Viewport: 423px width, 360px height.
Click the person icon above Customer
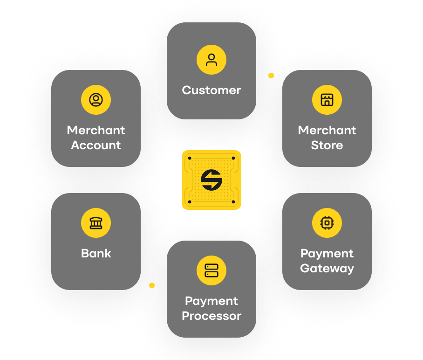[x=211, y=60]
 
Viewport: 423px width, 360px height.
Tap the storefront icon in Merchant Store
[x=327, y=100]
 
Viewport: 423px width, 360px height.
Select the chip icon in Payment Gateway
[x=327, y=223]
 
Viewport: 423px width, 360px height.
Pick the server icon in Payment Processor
[x=211, y=270]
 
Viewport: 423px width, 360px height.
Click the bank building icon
[x=96, y=223]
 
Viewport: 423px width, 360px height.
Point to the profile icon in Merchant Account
[x=96, y=100]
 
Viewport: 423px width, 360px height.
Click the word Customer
[x=211, y=90]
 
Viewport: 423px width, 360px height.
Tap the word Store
[x=327, y=145]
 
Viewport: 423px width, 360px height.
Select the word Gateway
[x=327, y=269]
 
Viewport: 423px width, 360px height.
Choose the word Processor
[x=211, y=316]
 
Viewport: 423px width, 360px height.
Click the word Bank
[x=96, y=253]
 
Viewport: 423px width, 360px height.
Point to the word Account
[x=96, y=145]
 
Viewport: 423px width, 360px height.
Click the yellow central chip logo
[x=211, y=180]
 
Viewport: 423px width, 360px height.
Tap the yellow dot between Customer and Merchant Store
[x=271, y=75]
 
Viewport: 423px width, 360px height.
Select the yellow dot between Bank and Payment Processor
[x=152, y=285]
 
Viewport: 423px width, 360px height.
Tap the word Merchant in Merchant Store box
[x=327, y=130]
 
